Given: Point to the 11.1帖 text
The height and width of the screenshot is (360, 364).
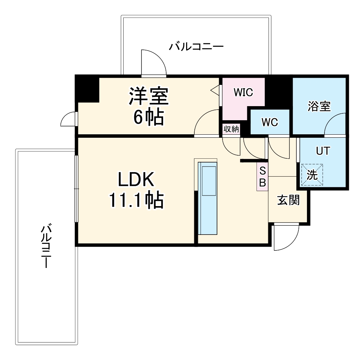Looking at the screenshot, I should (x=136, y=201).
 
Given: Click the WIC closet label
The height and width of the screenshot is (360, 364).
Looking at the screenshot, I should (x=243, y=92).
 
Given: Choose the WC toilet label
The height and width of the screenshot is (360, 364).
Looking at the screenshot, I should (x=270, y=122).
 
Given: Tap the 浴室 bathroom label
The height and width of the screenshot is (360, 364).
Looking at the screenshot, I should (x=319, y=106).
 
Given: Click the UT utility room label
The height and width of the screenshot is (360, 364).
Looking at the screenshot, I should (x=323, y=150).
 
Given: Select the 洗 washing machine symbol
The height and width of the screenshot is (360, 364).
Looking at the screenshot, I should (x=312, y=175).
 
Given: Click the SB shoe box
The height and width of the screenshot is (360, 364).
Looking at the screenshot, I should (x=262, y=177).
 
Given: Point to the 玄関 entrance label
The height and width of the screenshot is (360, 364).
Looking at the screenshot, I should (x=288, y=200).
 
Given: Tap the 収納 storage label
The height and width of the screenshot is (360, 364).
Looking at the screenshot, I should (x=231, y=129).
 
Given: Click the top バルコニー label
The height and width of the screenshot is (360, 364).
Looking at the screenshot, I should (x=196, y=46).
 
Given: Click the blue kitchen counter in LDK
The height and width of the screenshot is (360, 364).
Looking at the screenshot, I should (x=209, y=199).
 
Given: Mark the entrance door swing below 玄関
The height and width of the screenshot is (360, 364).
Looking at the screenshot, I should (x=286, y=237).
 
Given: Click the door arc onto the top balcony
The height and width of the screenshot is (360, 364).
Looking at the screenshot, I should (x=153, y=62).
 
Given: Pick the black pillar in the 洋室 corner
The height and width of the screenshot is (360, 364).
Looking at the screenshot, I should (x=87, y=89).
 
